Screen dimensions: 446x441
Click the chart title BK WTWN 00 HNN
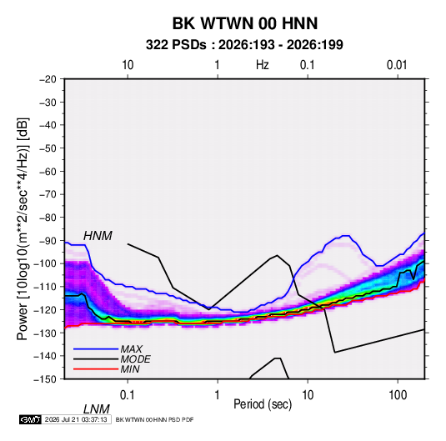pos(245,23)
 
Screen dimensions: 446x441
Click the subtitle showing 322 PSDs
pos(244,45)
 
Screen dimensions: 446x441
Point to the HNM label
pos(98,236)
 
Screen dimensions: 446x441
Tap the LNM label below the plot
pos(96,409)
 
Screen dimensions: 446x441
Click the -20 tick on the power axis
pos(48,79)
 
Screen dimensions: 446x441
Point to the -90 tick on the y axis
pos(48,241)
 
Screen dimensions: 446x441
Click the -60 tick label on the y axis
pos(48,171)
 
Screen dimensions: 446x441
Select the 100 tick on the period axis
pos(398,395)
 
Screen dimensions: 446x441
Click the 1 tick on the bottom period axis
pos(218,395)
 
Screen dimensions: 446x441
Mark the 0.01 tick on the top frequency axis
pos(397,65)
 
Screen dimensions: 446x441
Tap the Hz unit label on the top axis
pos(263,65)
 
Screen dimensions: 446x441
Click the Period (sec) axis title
pos(263,404)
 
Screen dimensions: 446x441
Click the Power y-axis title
pos(23,229)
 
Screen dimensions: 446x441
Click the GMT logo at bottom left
pos(30,419)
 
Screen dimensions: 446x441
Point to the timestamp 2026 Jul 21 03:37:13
pos(76,419)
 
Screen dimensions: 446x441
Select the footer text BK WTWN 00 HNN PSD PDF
pos(154,419)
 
